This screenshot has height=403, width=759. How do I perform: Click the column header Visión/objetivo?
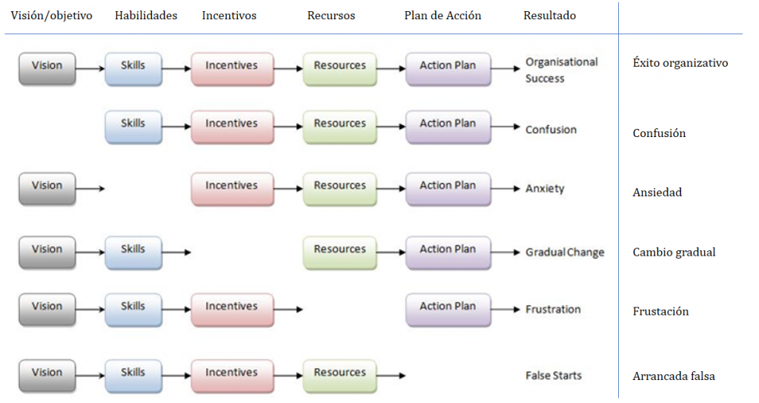52,16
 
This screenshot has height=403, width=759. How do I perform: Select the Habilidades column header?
146,16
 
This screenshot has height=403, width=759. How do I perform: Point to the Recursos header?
331,16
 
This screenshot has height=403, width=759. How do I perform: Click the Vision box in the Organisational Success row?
47,66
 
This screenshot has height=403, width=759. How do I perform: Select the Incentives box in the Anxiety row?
231,187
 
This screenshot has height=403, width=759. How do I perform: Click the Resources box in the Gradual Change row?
339,250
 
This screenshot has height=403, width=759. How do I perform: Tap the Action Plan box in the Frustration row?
448,307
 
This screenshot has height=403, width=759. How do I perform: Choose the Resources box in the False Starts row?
339,373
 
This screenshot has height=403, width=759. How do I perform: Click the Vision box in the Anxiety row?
47,187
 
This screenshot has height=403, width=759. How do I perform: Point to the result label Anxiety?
545,189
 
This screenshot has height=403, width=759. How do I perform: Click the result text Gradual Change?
565,253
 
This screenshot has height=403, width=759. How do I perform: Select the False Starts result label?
554,376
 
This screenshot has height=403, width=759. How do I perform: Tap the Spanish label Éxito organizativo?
680,63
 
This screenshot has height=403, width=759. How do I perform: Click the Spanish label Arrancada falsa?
674,376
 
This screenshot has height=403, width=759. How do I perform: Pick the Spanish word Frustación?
660,312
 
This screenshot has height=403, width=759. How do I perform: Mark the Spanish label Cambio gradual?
674,253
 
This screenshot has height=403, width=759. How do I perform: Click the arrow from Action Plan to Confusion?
506,127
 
